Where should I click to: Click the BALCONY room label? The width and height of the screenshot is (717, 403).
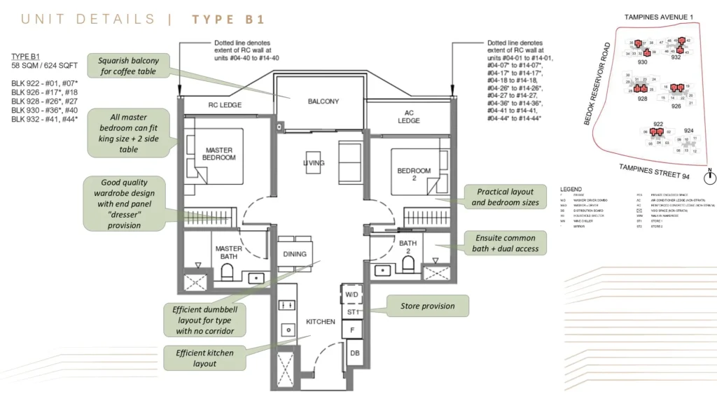click(x=323, y=101)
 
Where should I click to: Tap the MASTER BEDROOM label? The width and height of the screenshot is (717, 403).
click(x=219, y=153)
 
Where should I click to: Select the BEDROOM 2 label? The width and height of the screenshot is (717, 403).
click(x=414, y=175)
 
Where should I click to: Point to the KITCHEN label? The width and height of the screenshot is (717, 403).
click(x=320, y=322)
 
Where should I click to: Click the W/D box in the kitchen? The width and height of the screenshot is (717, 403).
click(x=352, y=295)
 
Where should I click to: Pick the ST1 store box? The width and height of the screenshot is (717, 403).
click(x=352, y=311)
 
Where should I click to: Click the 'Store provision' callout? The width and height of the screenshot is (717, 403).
click(x=427, y=306)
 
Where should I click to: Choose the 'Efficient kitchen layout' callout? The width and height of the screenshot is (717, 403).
click(x=205, y=358)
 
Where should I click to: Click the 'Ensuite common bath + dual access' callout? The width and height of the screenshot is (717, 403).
click(x=501, y=243)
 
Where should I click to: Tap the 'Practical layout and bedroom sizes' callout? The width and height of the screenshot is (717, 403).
click(x=505, y=197)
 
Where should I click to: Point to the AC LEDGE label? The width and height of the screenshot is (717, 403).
click(x=409, y=116)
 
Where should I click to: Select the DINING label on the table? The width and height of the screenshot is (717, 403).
click(x=295, y=254)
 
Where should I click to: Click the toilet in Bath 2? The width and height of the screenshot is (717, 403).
click(x=408, y=265)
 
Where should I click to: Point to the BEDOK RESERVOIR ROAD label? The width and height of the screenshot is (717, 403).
click(x=597, y=84)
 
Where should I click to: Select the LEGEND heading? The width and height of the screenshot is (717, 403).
click(x=572, y=189)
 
